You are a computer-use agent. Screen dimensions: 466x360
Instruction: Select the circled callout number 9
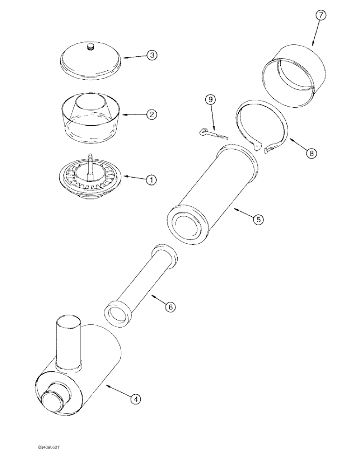(x=211, y=99)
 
